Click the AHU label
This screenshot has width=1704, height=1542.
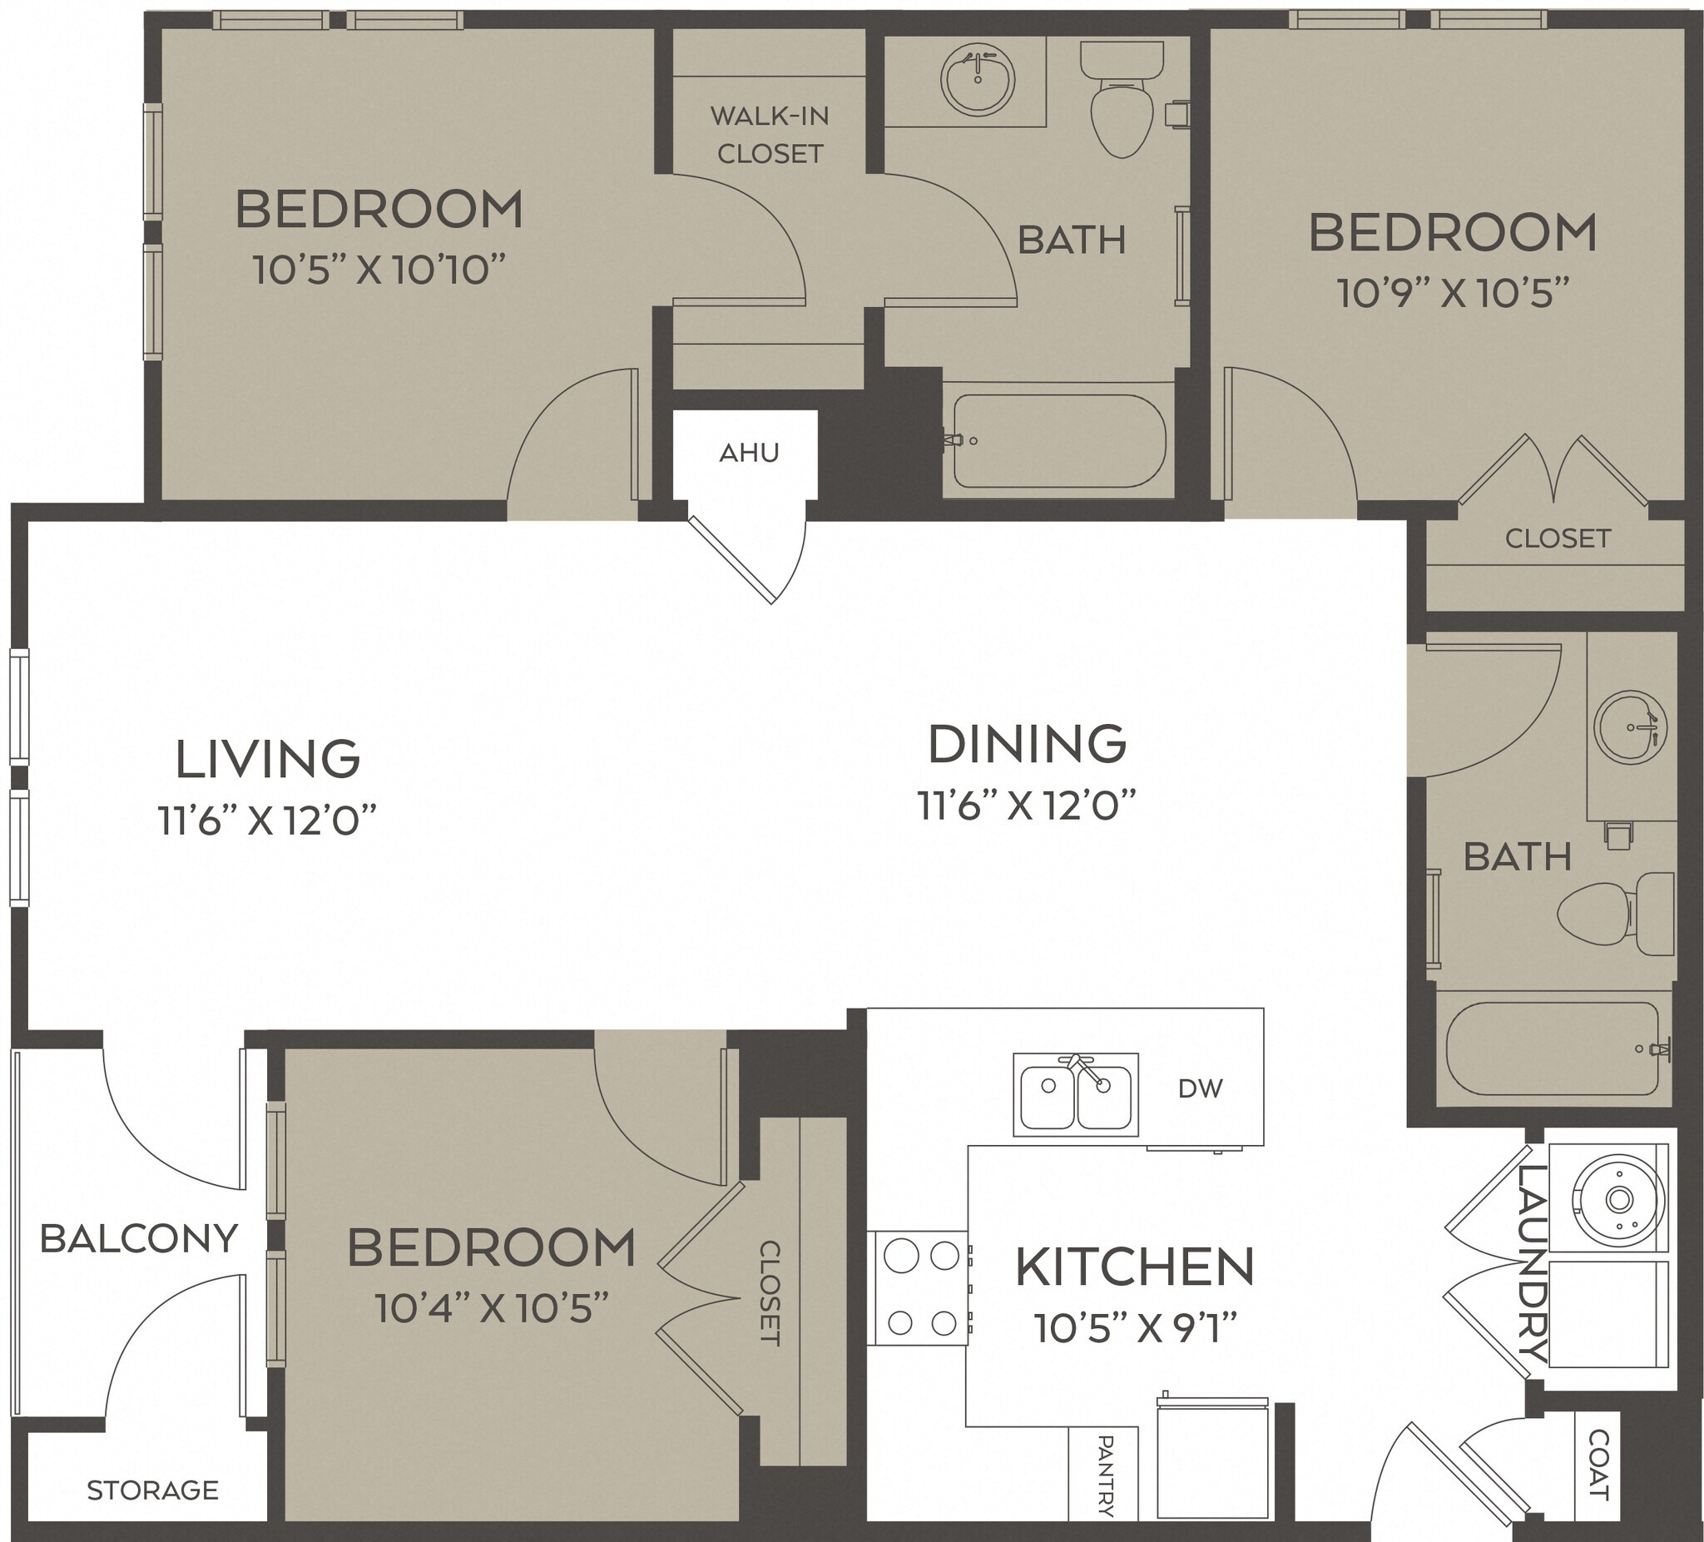click(749, 454)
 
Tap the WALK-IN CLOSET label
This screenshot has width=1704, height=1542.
click(769, 135)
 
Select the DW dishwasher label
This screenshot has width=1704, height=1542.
click(1201, 1088)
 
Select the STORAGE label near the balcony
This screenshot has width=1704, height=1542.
click(153, 1490)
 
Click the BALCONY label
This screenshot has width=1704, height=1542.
click(139, 1239)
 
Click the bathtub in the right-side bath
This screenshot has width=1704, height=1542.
click(1552, 1049)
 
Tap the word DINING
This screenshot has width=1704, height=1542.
click(1027, 744)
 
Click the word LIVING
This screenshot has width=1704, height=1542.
click(267, 759)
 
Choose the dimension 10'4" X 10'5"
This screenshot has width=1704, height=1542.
click(491, 1309)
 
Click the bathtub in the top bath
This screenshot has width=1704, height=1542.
click(1059, 441)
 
